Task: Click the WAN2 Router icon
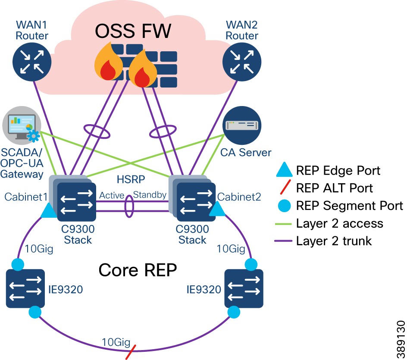pos(242,62)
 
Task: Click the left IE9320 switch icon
pos(26,288)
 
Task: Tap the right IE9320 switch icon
pos(243,288)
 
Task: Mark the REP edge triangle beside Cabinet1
pos(49,211)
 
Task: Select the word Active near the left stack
pos(112,195)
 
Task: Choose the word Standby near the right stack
pos(150,195)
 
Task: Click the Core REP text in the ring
pos(138,270)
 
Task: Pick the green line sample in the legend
pos(283,224)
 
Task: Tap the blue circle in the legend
pos(283,206)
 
